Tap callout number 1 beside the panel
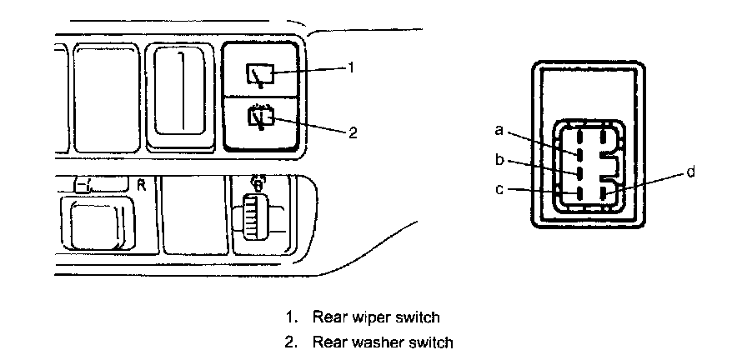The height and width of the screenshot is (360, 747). [x=352, y=67]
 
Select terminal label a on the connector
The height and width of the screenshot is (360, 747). [x=499, y=130]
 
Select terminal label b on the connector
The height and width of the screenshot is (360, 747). [x=499, y=158]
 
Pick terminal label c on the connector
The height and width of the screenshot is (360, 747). [x=499, y=189]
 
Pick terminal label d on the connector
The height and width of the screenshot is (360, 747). [x=690, y=172]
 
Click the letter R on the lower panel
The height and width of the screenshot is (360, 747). [x=142, y=185]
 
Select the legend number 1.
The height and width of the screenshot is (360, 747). [x=290, y=317]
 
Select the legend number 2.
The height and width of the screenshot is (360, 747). [x=290, y=342]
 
